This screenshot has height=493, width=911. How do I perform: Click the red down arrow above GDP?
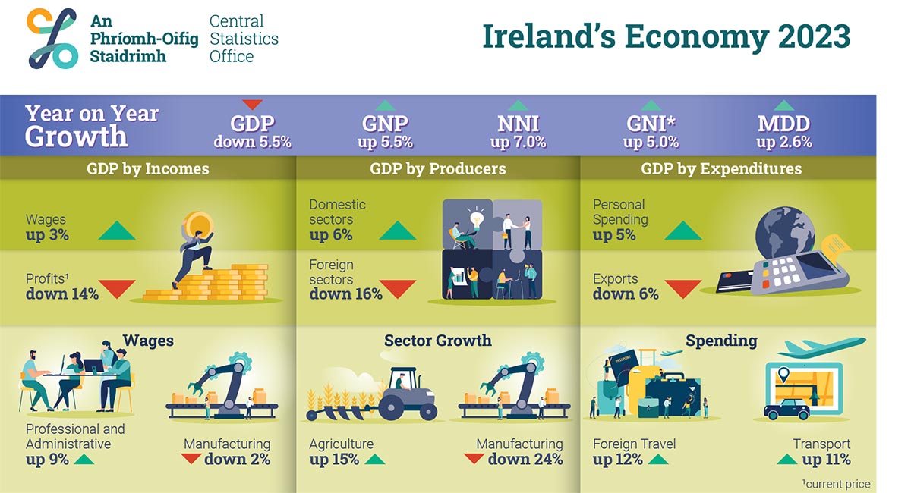point(252,105)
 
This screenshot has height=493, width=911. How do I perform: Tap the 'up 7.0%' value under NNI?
point(518,142)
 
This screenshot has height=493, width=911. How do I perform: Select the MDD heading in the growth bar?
point(783,124)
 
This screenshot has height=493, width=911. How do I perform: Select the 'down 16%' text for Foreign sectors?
point(345,294)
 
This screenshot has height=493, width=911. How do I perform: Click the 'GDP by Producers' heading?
point(437,168)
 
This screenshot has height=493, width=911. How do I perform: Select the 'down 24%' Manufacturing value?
point(525,460)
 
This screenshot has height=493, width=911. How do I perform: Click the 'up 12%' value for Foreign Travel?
point(617,460)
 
